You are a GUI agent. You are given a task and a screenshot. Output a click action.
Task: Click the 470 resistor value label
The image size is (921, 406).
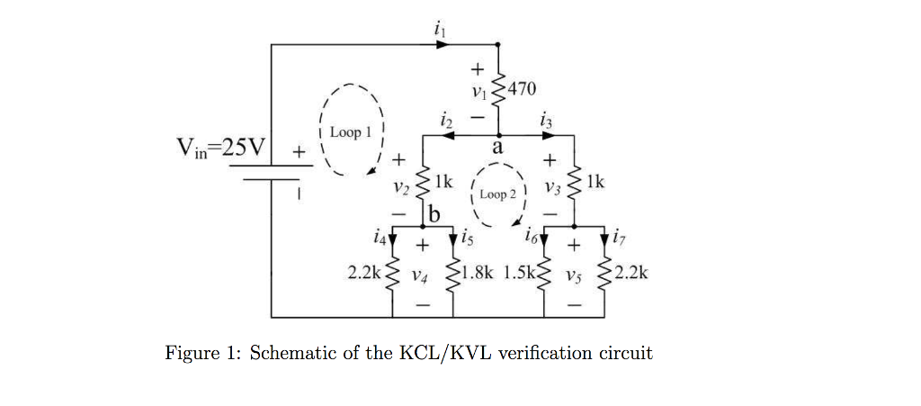[x=522, y=88]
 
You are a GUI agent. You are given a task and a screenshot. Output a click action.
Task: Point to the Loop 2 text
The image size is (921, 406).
[x=497, y=194]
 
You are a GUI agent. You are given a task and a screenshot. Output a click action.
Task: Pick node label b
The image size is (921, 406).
[x=435, y=214]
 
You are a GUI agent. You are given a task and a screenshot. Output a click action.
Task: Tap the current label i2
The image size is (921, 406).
[x=444, y=118]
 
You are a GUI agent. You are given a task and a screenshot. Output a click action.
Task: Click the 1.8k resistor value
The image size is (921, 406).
[x=475, y=272]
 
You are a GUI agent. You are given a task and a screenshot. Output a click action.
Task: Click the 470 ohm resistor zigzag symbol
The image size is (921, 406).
[x=499, y=88]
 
